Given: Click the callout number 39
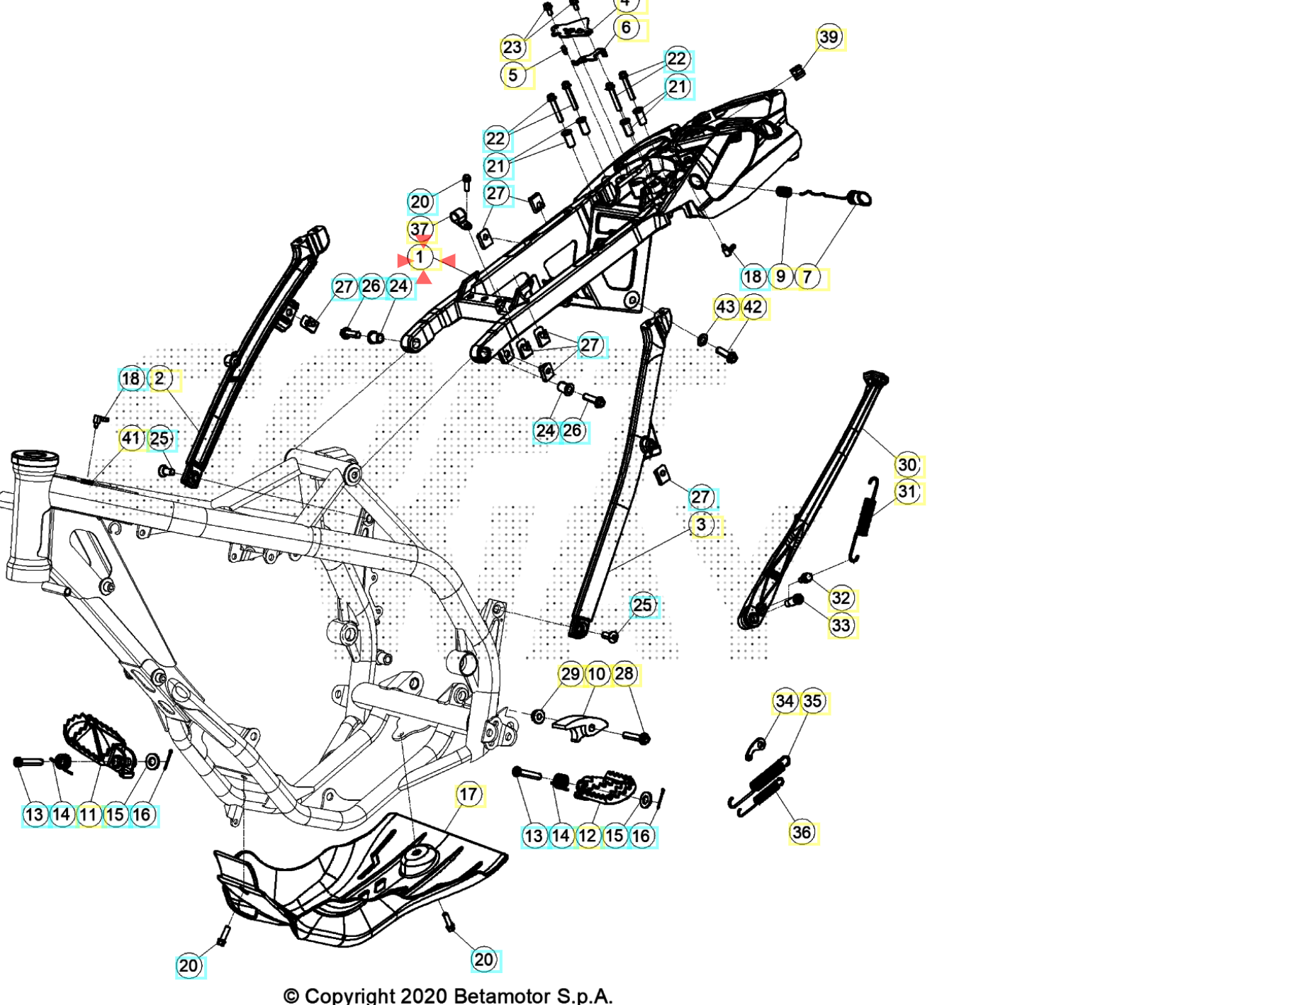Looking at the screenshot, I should [x=829, y=38].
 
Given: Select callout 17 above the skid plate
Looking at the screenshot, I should [x=469, y=795].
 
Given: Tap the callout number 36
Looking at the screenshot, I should [x=802, y=832].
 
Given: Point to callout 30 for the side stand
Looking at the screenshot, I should [x=907, y=465].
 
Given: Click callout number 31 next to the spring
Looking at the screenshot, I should [x=907, y=492].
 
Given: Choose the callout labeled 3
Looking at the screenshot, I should [x=701, y=525].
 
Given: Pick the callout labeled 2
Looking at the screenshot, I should [x=160, y=379].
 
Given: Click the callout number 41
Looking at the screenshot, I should [x=131, y=438].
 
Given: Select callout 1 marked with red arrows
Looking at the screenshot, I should [x=420, y=258].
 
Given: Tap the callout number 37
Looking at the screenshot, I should [x=420, y=229].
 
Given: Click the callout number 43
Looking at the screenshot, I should [x=725, y=308].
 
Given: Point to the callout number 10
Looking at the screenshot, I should [x=597, y=674].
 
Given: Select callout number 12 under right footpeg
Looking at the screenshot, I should [x=588, y=836].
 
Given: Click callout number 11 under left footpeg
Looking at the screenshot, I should [x=89, y=815].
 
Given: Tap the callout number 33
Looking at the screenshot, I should [x=841, y=626].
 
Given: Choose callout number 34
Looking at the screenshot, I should [x=785, y=702].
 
